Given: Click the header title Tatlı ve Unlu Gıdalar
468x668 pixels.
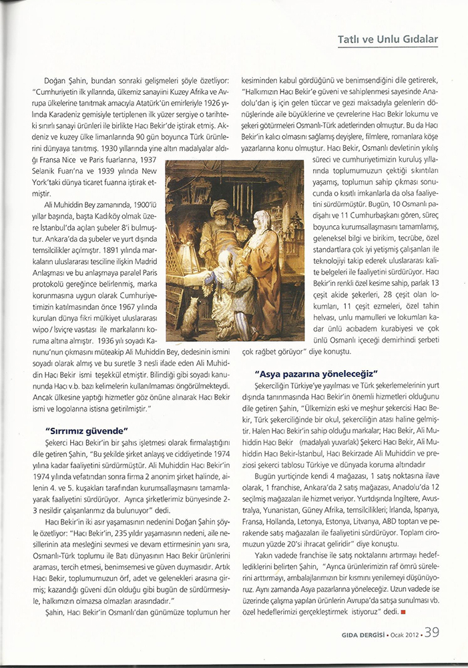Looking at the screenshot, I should (x=388, y=39).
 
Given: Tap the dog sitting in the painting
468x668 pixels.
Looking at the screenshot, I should (x=193, y=318).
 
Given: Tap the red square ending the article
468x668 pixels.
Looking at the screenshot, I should (x=403, y=611).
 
